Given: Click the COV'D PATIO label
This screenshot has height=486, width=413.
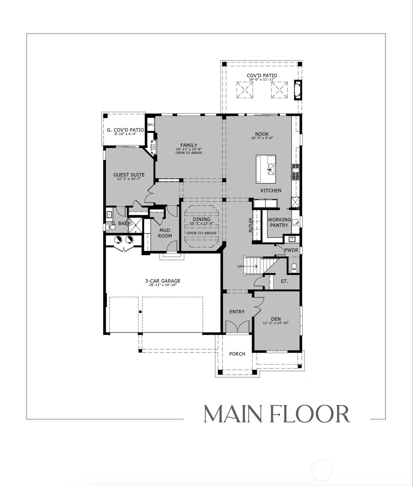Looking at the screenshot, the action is coord(262,75).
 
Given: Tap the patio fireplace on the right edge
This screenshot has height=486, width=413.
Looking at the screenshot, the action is coord(298,90).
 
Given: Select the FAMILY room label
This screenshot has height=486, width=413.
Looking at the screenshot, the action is coord(189,145).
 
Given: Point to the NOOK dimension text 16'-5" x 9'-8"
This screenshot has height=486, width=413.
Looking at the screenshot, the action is coord(262,138).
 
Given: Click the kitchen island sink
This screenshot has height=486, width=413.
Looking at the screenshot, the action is coord(271,169).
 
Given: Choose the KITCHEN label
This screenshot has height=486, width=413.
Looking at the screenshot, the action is coord(271,190).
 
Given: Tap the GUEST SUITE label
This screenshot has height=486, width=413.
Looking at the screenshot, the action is coord(129,175).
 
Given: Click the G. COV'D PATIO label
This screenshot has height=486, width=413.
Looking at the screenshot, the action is coord(125,130).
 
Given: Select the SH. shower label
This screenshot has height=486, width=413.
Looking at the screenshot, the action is coord(150,125).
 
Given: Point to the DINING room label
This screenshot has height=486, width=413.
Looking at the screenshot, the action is coord(201,220).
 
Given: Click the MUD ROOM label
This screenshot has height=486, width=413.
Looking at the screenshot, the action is coord(165,233).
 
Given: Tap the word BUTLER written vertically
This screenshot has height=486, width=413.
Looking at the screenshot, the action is coord(250,225).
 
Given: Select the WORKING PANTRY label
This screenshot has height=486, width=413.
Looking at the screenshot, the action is coord(279,222).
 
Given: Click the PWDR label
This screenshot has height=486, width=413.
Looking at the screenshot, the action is coord(291,250).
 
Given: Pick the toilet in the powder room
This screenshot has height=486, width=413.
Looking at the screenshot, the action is coord(294,267).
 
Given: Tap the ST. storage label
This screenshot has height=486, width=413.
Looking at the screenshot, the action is coord(284,281).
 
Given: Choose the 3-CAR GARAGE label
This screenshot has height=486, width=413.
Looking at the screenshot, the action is coord(163,281).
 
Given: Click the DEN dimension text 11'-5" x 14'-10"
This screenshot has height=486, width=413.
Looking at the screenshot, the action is coord(276,323).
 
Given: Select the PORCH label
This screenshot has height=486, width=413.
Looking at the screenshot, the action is coord(237,354).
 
